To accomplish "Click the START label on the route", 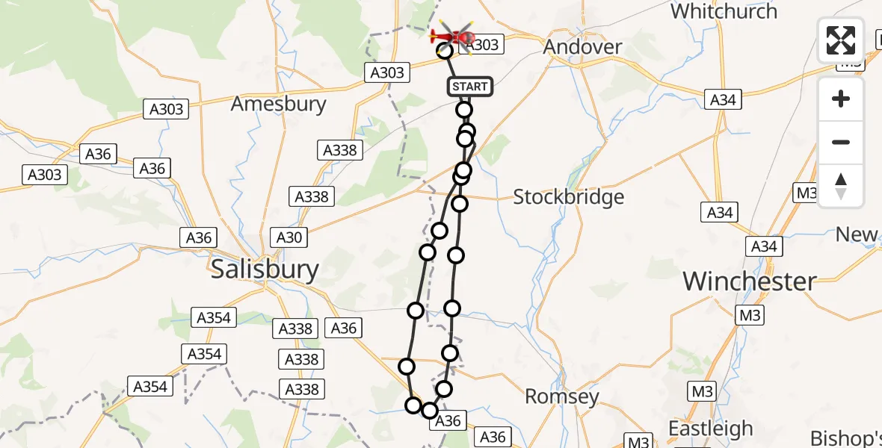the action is pos(470,87).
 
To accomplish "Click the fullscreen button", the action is pos(841,40).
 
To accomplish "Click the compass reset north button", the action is pos(841,186).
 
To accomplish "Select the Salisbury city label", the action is pos(265,269).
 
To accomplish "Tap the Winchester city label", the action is pos(750,281).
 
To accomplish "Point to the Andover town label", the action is pos(582,47).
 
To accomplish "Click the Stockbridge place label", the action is pos(568,197).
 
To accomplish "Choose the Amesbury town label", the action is pos(278,104).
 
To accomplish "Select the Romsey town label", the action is pos(561,396).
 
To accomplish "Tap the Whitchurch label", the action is pos(724,11).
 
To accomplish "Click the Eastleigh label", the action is pos(710,429).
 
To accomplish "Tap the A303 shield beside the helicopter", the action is pos(482,45).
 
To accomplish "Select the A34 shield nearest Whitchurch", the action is pos(723,99).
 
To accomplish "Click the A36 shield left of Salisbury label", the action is pos(199,237).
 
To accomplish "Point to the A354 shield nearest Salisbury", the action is pos(214,317).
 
